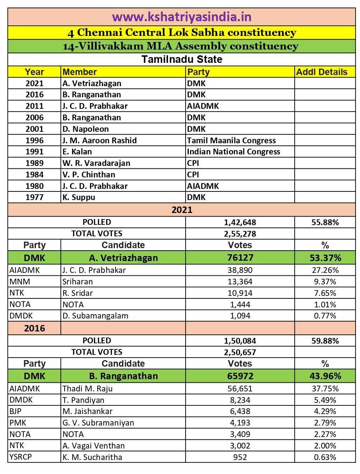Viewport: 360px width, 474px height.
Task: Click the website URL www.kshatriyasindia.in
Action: pos(182,17)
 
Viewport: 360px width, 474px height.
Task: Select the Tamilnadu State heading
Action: pos(182,59)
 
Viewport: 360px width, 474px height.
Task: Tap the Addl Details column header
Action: pos(322,72)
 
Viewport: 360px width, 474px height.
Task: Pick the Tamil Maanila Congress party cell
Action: pos(232,140)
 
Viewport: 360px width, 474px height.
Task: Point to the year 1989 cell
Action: pos(34,163)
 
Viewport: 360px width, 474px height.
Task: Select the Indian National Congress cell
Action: pos(233,152)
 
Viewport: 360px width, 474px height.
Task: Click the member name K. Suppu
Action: pos(79,197)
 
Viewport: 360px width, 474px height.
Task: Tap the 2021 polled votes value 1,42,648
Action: pos(240,222)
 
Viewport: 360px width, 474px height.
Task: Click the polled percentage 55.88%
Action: pos(325,222)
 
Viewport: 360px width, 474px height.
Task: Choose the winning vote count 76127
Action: pos(240,258)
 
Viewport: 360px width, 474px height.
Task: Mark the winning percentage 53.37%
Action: pos(325,258)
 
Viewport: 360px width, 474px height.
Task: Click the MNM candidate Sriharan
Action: pos(78,282)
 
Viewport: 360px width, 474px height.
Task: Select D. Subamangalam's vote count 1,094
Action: pos(240,316)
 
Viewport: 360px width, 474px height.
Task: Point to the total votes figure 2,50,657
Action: pos(240,352)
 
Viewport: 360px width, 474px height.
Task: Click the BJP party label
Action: pos(15,411)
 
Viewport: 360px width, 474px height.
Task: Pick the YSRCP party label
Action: pos(20,457)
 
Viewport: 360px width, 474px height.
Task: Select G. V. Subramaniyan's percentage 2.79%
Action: pos(325,423)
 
